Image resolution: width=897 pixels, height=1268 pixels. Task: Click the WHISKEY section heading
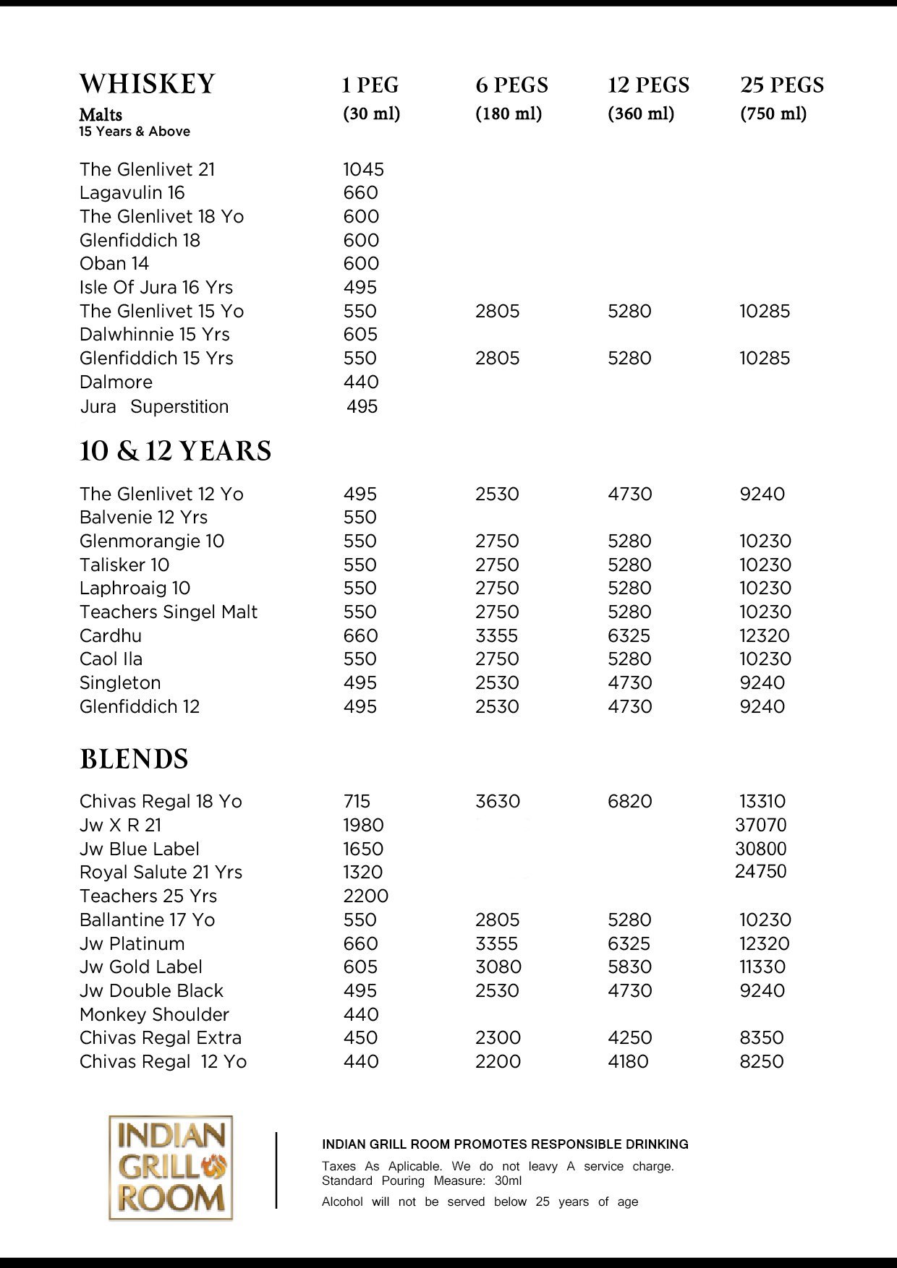point(147,84)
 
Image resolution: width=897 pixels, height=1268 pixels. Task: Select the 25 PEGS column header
point(782,85)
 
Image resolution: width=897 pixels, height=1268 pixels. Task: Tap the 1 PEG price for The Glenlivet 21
point(363,169)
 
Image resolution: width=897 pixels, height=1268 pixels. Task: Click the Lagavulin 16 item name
point(132,193)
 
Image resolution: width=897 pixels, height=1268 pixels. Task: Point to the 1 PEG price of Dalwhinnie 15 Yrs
point(360,335)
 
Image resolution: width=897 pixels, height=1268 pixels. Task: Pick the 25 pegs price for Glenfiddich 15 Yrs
point(765,359)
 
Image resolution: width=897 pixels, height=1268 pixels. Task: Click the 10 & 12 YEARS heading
point(175,450)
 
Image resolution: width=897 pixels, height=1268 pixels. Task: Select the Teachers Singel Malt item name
point(169,612)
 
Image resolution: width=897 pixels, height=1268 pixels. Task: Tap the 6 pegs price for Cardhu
point(497,636)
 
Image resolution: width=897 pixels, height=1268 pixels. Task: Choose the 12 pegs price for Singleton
point(629,683)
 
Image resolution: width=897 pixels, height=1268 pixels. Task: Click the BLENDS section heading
point(134,759)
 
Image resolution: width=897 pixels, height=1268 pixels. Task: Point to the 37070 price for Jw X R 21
point(760,825)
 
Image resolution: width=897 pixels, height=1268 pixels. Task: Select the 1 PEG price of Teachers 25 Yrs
point(365,896)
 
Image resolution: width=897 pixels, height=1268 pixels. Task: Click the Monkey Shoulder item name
point(154,1015)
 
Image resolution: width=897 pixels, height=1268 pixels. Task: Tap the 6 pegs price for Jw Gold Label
point(498,967)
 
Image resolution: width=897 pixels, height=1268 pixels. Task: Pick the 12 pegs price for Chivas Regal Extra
point(629,1038)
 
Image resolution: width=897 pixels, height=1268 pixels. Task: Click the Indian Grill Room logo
point(171,1168)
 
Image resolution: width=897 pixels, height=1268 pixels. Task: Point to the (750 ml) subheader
point(773,113)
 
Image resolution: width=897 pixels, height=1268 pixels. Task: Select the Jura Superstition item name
point(154,407)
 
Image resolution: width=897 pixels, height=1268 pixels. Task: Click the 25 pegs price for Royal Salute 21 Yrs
point(760,872)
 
